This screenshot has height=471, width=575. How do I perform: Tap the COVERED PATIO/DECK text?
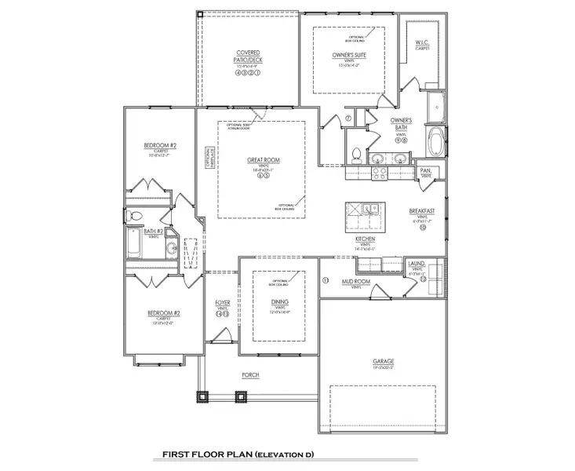pyautogui.click(x=248, y=57)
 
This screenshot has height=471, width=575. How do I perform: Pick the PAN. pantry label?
pyautogui.click(x=426, y=170)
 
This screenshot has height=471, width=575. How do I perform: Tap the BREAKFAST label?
pyautogui.click(x=422, y=211)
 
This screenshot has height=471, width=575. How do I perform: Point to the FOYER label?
pyautogui.click(x=223, y=302)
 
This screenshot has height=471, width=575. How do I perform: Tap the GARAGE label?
pyautogui.click(x=383, y=362)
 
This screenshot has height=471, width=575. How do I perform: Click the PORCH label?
pyautogui.click(x=250, y=375)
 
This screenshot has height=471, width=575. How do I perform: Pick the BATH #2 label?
pyautogui.click(x=152, y=232)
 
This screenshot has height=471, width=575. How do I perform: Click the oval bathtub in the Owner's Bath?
pyautogui.click(x=435, y=142)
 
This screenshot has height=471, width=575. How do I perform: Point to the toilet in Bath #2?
pyautogui.click(x=134, y=214)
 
